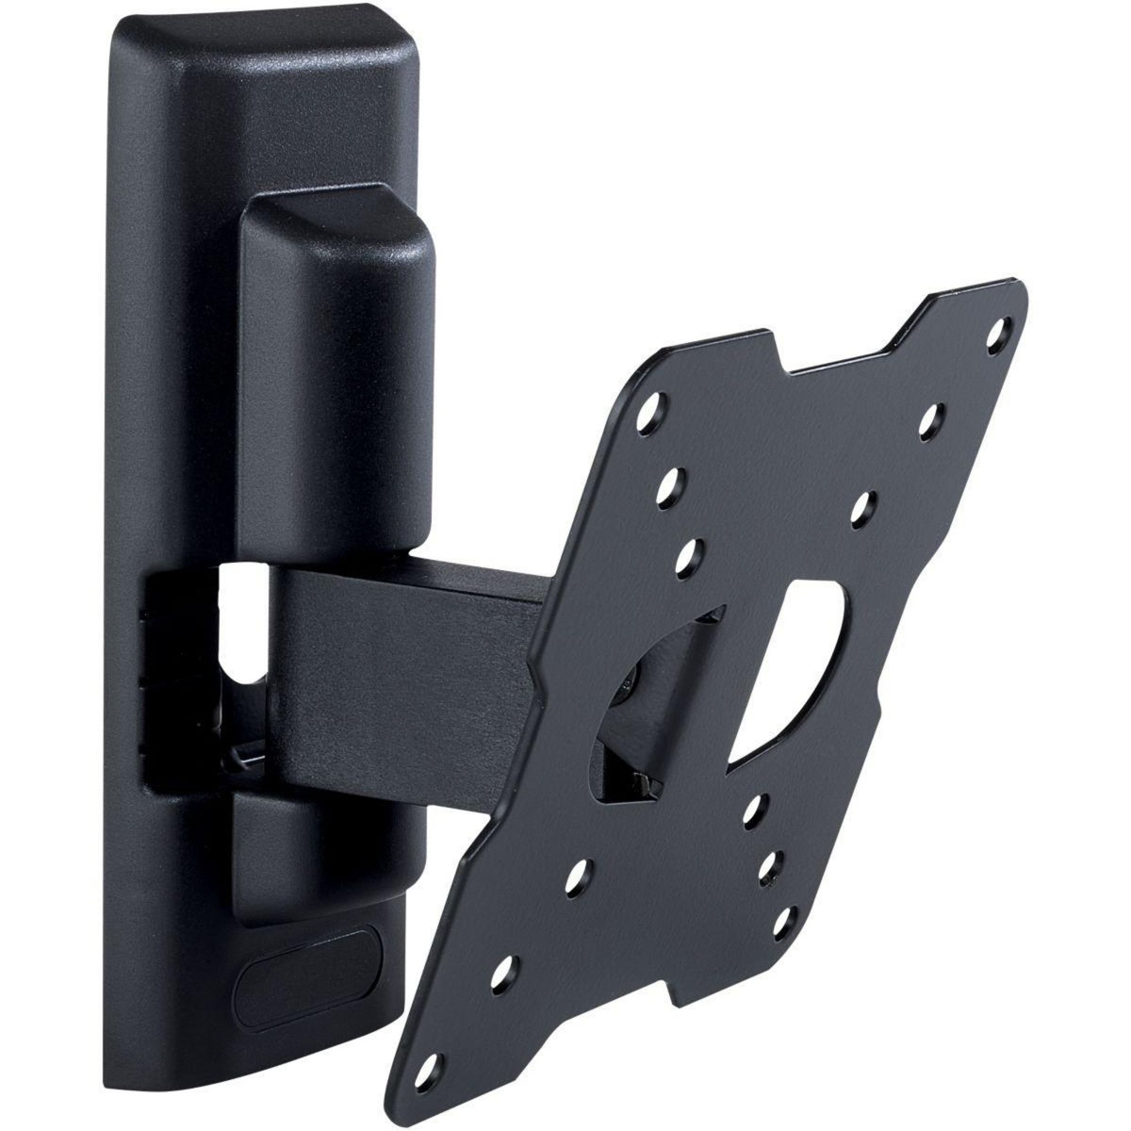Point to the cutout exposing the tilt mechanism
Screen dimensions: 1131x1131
[x=650, y=716]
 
